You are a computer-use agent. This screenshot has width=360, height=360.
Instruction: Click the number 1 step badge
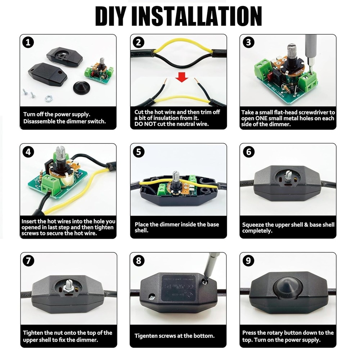pyautogui.click(x=28, y=42)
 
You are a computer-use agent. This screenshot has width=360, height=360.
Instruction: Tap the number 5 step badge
pyautogui.click(x=139, y=152)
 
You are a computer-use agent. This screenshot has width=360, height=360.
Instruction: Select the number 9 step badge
pyautogui.click(x=248, y=261)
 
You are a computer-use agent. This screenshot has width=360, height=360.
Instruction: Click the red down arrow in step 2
pyautogui.click(x=181, y=77)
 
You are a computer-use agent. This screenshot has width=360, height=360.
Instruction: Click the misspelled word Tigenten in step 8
pyautogui.click(x=145, y=336)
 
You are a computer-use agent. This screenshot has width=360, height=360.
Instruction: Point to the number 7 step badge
pyautogui.click(x=28, y=261)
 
